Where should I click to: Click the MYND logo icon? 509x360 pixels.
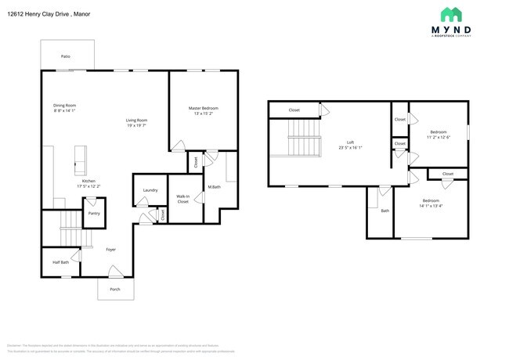(x=451, y=15)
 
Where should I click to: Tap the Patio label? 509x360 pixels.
(x=66, y=57)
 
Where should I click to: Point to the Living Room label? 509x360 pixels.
(x=137, y=121)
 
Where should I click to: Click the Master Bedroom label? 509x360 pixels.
(x=203, y=108)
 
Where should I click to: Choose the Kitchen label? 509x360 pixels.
(x=88, y=182)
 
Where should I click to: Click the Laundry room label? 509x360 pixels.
(x=150, y=190)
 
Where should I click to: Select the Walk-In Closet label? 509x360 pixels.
(x=183, y=199)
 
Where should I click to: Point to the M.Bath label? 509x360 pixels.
(x=212, y=187)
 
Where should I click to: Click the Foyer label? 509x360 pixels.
(x=111, y=250)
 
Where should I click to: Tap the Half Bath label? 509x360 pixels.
(x=60, y=262)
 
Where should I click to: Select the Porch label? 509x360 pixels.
(x=115, y=289)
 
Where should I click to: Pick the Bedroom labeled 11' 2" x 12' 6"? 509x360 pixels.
(x=439, y=133)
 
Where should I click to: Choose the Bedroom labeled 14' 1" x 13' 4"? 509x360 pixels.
(x=430, y=201)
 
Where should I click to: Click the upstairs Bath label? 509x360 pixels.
(x=384, y=211)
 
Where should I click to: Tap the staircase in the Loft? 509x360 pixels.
(x=305, y=141)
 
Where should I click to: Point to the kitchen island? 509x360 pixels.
(x=79, y=159)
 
